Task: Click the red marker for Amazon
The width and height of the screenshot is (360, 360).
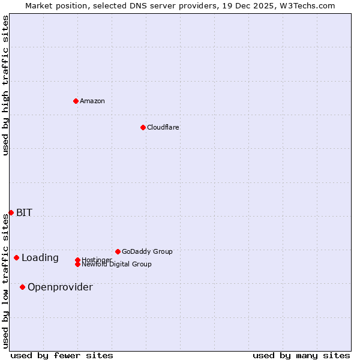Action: coord(76,101)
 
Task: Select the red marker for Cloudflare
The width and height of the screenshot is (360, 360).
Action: coord(143,127)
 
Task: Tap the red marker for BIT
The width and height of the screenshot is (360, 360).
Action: coord(11,212)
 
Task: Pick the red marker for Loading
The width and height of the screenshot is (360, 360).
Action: coord(16,257)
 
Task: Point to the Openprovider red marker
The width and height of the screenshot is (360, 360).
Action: coord(22,287)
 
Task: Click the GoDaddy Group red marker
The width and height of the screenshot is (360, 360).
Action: coord(118,251)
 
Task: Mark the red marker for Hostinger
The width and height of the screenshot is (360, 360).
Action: coord(77,260)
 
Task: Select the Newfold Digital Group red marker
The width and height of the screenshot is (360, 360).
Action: coord(77,264)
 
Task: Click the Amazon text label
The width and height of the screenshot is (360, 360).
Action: coord(92,101)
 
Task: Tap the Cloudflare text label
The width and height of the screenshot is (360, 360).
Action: coord(163,127)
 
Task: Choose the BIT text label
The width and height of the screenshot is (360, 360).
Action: coord(24,212)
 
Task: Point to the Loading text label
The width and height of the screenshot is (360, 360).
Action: coord(40,258)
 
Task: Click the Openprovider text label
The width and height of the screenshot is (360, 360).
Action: coord(60,287)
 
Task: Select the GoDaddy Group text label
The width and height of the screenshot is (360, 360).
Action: coord(147,251)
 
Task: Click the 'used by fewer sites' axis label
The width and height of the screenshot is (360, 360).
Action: coord(62,355)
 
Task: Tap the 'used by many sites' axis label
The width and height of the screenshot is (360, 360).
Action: coord(301,355)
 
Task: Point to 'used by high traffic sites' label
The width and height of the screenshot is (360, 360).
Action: coord(6,85)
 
